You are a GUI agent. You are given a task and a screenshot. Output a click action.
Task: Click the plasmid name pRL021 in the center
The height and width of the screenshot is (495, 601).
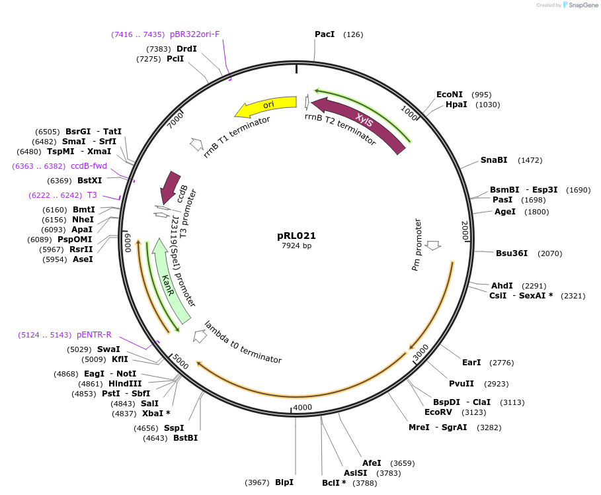296,236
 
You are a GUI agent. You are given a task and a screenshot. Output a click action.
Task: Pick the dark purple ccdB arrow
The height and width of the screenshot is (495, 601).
169,187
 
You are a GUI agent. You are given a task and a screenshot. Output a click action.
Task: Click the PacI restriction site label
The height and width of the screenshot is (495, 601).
324,34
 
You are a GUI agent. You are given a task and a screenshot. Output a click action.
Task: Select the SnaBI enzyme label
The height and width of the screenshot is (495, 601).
494,160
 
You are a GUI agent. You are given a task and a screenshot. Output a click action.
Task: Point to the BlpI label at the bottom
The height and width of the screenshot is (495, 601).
284,482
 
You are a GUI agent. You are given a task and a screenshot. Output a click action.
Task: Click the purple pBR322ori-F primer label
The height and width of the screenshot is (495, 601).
194,34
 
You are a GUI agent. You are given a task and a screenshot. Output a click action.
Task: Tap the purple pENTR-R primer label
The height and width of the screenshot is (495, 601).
94,335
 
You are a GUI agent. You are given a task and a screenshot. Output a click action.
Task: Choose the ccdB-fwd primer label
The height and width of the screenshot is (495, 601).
89,165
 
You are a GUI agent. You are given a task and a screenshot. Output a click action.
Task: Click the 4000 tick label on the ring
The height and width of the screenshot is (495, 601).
302,407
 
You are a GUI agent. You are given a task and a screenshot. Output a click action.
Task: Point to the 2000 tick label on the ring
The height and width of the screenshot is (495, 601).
465,230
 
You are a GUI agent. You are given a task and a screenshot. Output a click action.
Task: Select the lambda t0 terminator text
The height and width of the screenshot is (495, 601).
243,342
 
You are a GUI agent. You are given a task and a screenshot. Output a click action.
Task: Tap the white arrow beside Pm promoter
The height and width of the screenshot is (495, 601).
434,246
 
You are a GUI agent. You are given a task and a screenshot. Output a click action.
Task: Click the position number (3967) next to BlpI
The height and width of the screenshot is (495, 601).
257,482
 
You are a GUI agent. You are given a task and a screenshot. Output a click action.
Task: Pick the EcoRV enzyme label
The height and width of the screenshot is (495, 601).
438,412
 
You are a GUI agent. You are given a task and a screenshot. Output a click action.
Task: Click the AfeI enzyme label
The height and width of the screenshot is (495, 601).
372,463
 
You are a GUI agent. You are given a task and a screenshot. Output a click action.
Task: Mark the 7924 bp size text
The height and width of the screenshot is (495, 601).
296,246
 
